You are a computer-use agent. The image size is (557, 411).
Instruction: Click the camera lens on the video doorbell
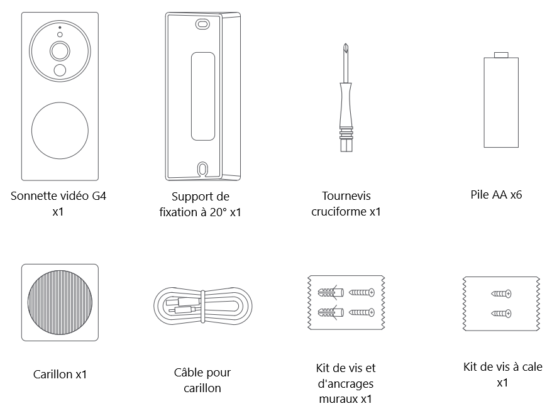tap(60, 51)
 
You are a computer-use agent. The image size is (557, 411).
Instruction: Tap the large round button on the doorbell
tap(60, 130)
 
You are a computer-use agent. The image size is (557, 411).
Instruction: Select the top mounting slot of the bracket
tap(202, 24)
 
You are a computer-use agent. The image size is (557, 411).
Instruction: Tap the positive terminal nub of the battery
tap(501, 55)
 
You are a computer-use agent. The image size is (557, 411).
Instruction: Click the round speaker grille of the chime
tap(60, 302)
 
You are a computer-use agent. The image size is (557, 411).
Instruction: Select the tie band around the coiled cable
tap(203, 306)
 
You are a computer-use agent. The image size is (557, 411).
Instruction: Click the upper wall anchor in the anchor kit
tap(331, 292)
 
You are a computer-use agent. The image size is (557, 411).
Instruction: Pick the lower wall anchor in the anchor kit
tap(331, 312)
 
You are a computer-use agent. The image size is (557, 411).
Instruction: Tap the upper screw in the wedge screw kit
tap(501, 293)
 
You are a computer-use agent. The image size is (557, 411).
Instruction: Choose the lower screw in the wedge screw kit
tap(501, 314)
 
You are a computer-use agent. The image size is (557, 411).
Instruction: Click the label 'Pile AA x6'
tap(496, 195)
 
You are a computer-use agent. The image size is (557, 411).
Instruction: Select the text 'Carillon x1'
tap(60, 374)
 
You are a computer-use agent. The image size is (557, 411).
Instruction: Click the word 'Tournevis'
tap(346, 195)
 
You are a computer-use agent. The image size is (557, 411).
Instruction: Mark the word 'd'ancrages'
tap(346, 383)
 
